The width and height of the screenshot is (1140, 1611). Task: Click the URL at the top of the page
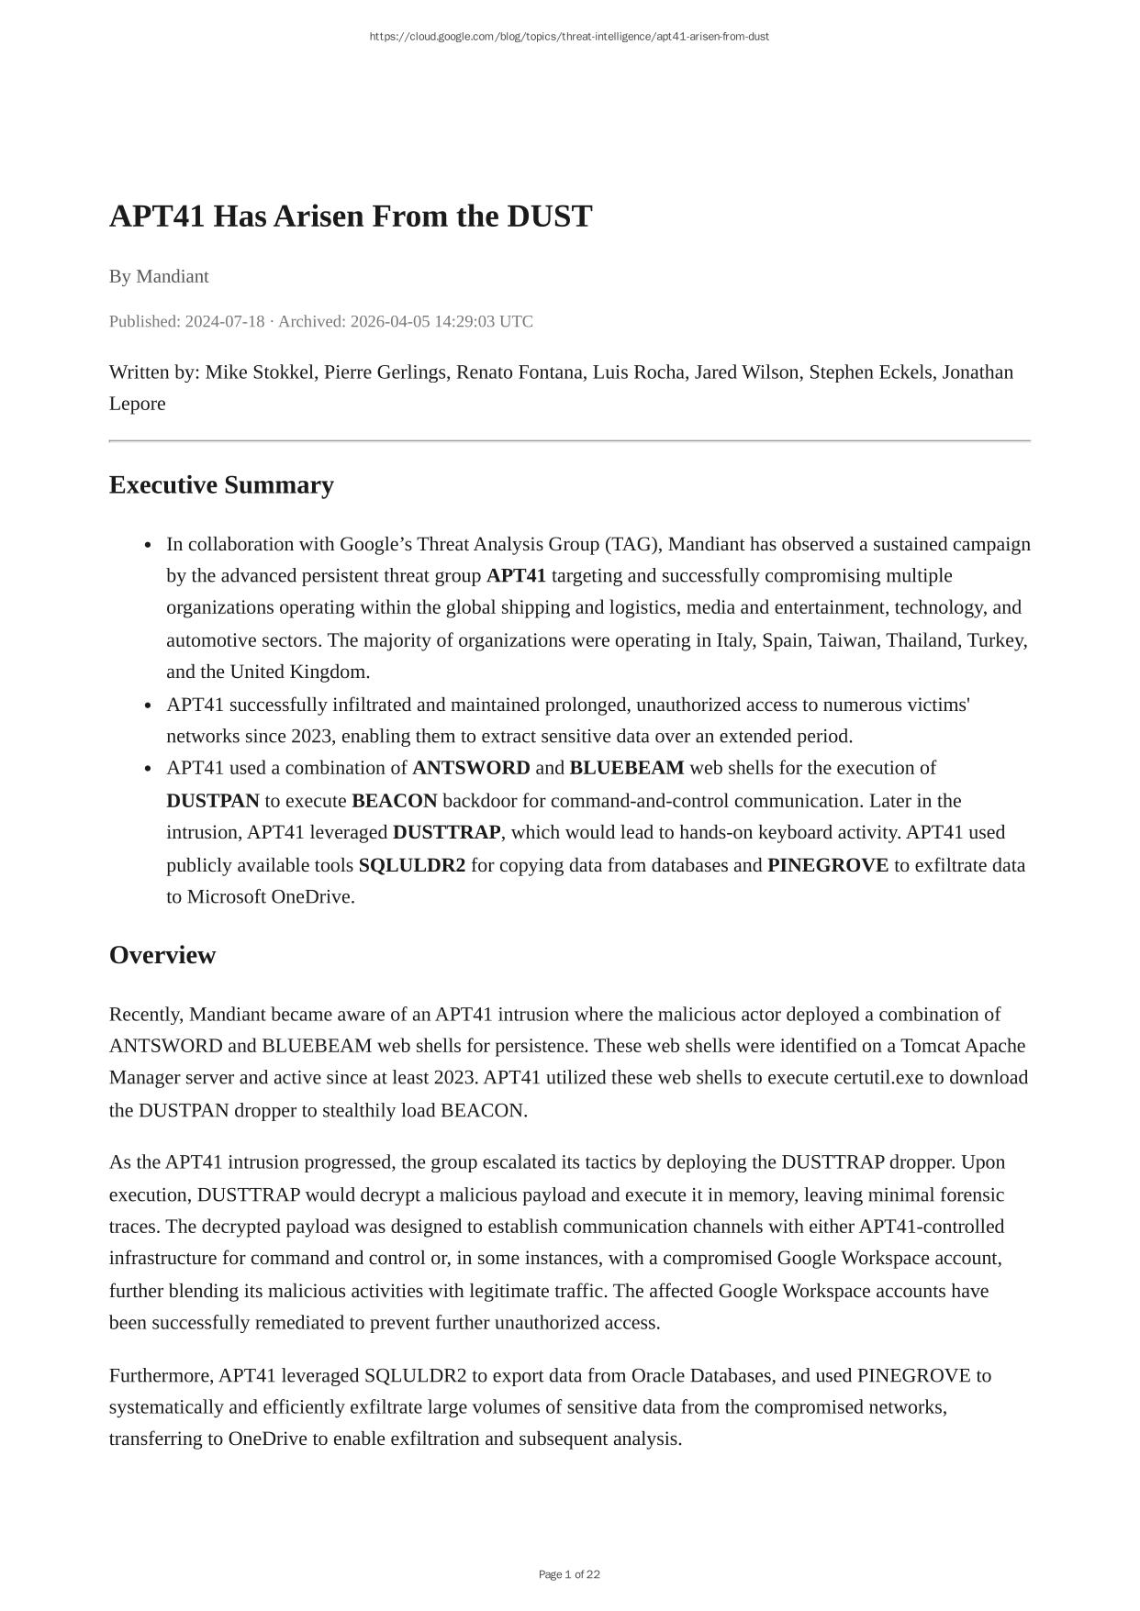(x=569, y=37)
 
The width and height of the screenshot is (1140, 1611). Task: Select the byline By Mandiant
(x=159, y=276)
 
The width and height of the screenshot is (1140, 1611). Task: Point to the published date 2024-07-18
(x=224, y=321)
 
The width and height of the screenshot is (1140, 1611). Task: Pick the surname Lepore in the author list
(x=138, y=404)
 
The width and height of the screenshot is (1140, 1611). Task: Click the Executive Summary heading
(x=221, y=484)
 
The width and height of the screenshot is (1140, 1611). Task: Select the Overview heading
(x=162, y=955)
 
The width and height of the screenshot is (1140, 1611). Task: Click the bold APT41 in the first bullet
(x=516, y=576)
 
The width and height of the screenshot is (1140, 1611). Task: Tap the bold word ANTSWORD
(x=471, y=768)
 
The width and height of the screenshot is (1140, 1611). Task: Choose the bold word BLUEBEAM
(x=627, y=768)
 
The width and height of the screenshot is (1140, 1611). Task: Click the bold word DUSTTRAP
(x=447, y=832)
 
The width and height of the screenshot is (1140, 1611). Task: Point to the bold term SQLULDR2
(x=412, y=865)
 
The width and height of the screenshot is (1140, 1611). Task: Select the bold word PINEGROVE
(x=828, y=865)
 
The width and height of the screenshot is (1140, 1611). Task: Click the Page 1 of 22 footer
(x=569, y=1574)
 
